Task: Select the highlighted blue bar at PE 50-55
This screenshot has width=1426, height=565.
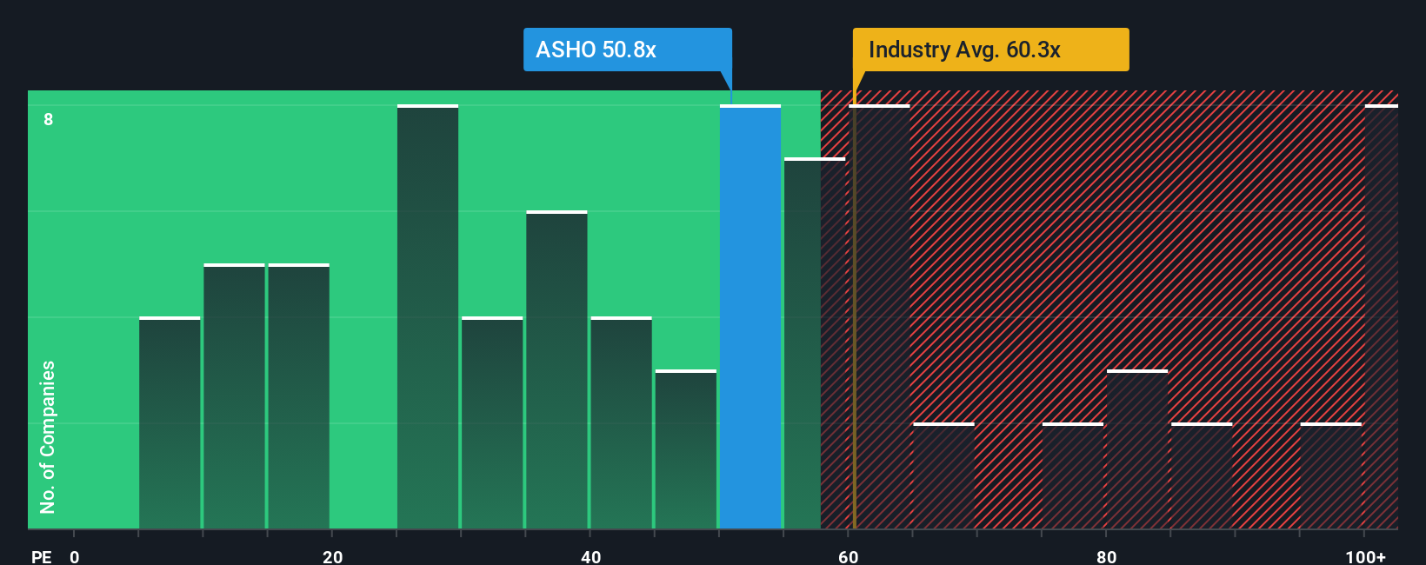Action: (x=750, y=317)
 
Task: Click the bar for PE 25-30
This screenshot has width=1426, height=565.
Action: (x=428, y=317)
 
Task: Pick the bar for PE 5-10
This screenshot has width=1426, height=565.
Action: (x=170, y=423)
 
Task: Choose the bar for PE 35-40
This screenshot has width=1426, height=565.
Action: (x=556, y=370)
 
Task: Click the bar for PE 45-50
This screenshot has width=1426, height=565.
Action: (x=686, y=450)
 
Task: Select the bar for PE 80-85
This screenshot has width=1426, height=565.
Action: (x=1137, y=450)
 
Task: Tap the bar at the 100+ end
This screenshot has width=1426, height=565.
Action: (x=1382, y=317)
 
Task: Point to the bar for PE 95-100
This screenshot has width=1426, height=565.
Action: (x=1330, y=476)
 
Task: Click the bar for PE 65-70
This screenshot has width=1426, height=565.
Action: (x=943, y=476)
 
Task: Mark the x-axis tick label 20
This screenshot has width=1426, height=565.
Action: (x=332, y=556)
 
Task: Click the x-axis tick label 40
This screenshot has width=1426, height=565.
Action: (x=590, y=556)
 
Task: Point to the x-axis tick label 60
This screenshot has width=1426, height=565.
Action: (x=848, y=556)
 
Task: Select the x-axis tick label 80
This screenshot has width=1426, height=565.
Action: (x=1106, y=556)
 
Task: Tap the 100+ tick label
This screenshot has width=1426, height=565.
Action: (x=1365, y=556)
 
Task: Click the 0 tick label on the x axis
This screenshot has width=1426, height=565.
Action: (x=75, y=556)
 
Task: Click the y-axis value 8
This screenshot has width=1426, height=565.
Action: (x=49, y=119)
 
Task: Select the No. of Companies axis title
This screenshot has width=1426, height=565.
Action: (x=48, y=436)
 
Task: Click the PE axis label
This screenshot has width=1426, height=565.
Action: (x=41, y=556)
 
